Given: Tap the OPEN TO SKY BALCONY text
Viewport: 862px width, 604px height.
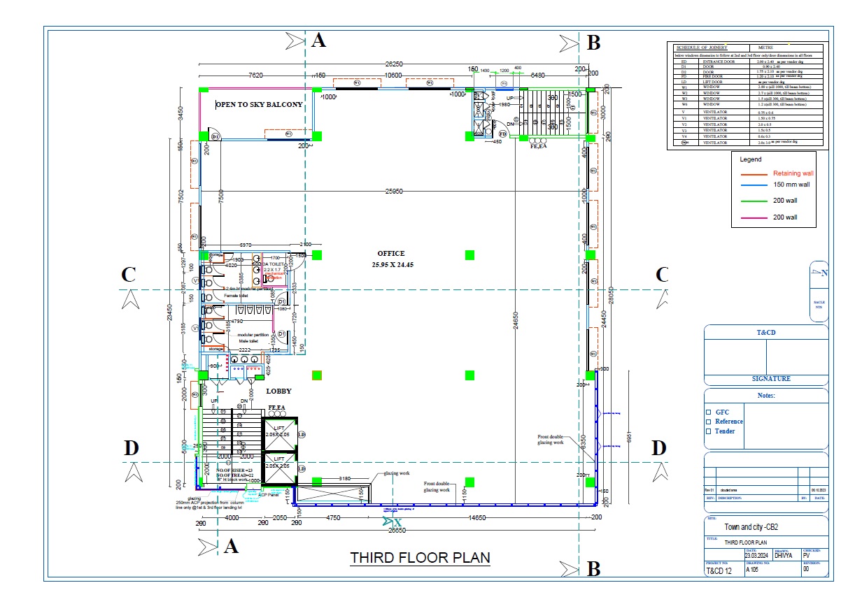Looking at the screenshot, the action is (259, 105).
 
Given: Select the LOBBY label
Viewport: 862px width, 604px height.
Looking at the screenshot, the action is (278, 391).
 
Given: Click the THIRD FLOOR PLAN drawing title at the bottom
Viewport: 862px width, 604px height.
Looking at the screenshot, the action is (420, 558).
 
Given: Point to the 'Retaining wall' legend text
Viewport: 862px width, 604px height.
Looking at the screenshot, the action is (793, 173).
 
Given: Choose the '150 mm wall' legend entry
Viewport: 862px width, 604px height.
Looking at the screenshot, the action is (791, 185).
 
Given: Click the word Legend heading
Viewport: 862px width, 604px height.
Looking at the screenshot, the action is (751, 159).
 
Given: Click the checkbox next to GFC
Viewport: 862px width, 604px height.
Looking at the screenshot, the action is (708, 412).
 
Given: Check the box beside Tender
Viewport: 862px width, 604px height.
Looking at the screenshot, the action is (708, 431).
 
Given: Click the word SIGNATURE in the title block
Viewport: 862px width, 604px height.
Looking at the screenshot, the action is (766, 379).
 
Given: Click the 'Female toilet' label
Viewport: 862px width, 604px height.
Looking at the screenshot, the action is (236, 296).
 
